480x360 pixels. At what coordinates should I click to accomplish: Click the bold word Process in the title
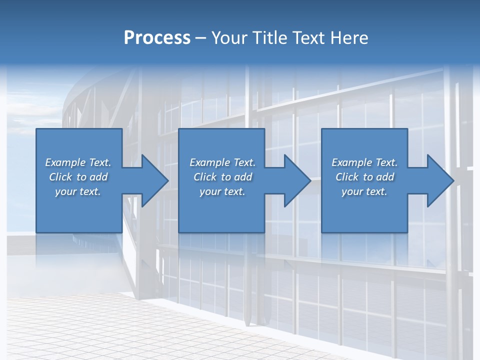(x=157, y=38)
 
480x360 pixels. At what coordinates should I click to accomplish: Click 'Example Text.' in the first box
(x=78, y=162)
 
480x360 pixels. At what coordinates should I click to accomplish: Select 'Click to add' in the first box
(x=78, y=177)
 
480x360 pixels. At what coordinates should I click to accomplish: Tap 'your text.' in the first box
(x=78, y=191)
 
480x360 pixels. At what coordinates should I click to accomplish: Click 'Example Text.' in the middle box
(x=222, y=162)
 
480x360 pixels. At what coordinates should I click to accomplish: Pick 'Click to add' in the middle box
(x=222, y=177)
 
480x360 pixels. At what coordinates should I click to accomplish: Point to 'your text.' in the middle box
(x=222, y=191)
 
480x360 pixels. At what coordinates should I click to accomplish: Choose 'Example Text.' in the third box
(x=364, y=162)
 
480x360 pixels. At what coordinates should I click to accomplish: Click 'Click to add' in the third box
(x=364, y=177)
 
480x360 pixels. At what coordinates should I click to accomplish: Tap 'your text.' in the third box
(x=364, y=191)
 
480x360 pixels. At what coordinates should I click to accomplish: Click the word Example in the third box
(x=352, y=162)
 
